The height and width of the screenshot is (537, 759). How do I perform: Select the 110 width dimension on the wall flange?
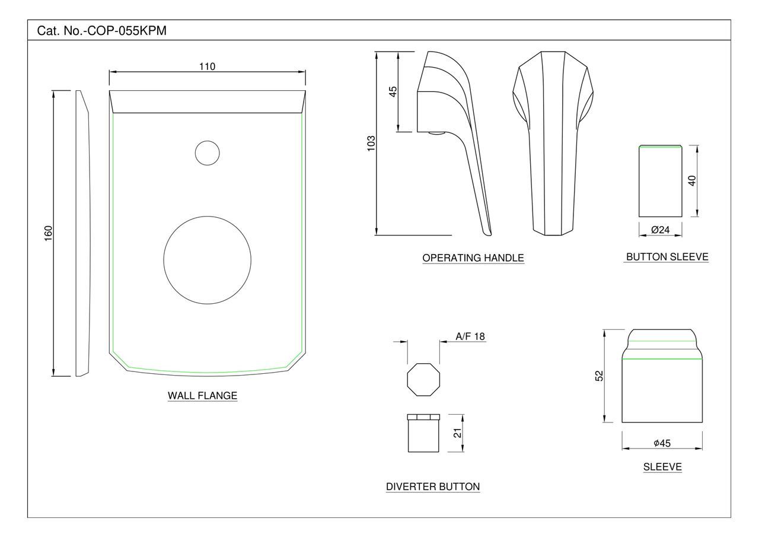[207, 66]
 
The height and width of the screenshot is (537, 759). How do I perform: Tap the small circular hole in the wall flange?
[207, 153]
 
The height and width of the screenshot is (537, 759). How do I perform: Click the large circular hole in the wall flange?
[208, 260]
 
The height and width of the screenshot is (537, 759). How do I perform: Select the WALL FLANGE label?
[202, 396]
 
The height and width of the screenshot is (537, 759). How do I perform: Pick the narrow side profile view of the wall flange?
[82, 233]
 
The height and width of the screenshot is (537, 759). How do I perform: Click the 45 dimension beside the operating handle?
[393, 91]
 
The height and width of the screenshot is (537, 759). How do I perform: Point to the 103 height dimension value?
[371, 144]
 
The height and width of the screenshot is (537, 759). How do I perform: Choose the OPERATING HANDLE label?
[473, 258]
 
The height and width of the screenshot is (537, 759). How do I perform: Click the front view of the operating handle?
[553, 142]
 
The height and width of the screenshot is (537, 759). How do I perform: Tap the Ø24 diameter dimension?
[660, 230]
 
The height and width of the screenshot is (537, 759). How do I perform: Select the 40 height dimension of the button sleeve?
[691, 180]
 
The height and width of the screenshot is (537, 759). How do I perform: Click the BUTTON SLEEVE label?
[667, 257]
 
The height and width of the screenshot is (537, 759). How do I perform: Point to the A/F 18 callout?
[470, 336]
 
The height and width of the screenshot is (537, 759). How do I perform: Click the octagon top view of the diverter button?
[423, 380]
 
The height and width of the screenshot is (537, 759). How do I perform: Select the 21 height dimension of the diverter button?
[457, 433]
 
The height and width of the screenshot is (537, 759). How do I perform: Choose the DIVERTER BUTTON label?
[433, 487]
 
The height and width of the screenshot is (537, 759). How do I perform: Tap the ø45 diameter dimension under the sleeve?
[662, 443]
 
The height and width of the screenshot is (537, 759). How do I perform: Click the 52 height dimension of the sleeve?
[599, 376]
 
